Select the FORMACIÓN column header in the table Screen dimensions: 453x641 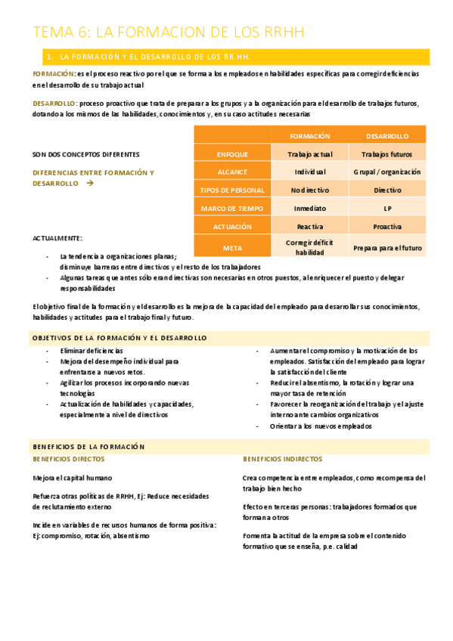tap(310, 136)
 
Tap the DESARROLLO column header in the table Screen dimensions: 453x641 tap(387, 136)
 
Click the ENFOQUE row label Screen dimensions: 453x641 tap(232, 154)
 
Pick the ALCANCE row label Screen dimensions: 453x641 tap(232, 172)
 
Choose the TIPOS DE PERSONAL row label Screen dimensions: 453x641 tap(232, 190)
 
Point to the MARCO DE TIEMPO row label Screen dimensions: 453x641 tap(232, 208)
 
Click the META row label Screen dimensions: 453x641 tap(232, 247)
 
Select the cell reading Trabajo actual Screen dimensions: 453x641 tap(310, 154)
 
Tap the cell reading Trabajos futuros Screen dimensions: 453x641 tap(387, 154)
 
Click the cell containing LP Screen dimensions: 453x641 tap(387, 208)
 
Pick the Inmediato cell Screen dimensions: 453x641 tap(310, 208)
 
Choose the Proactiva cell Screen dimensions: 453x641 tap(387, 226)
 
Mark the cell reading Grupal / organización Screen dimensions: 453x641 tap(387, 172)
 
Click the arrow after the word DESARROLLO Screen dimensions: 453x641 tap(90, 184)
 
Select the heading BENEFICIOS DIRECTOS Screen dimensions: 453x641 tap(69, 459)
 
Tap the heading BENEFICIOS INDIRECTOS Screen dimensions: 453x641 tap(282, 459)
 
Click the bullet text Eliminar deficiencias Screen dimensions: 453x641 tap(91, 351)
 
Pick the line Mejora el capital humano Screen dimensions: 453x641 tap(73, 478)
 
